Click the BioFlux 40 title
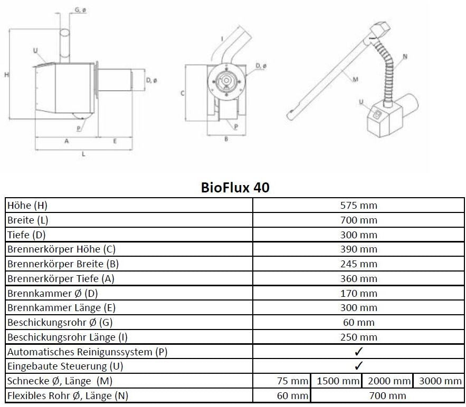click(235, 187)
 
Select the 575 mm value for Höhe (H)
click(358, 205)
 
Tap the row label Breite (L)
click(27, 220)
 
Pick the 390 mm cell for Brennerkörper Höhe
click(358, 249)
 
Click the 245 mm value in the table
click(358, 264)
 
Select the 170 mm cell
click(358, 293)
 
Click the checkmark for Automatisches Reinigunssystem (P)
click(358, 351)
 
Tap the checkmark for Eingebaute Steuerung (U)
click(358, 365)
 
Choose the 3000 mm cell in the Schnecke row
click(439, 381)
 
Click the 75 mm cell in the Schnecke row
click(292, 381)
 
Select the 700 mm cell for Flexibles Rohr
click(388, 395)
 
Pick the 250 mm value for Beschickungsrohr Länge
click(358, 337)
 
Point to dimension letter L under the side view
click(84, 153)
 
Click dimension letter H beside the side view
click(6, 75)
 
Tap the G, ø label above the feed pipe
click(81, 10)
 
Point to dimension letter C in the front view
click(182, 93)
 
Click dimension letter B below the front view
click(226, 139)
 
